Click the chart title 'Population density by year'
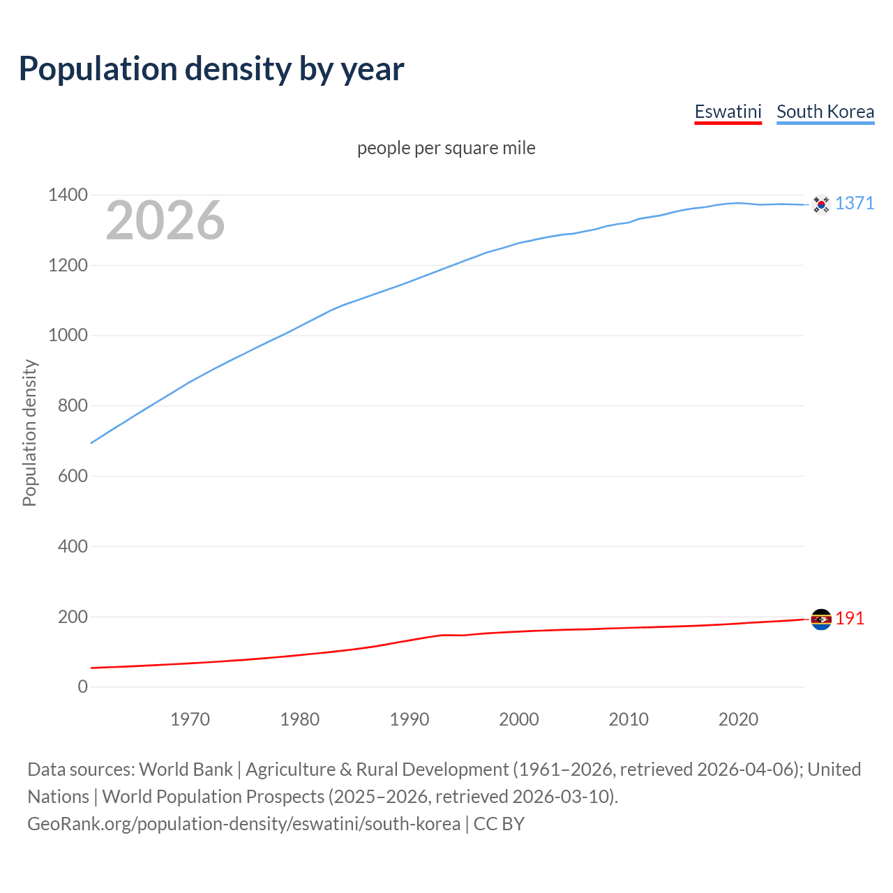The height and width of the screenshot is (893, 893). (211, 69)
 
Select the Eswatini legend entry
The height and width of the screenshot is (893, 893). (728, 112)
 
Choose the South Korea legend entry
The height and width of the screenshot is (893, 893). (825, 112)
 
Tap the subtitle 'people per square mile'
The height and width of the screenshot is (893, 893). (446, 148)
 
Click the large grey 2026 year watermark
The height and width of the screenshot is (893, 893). (165, 220)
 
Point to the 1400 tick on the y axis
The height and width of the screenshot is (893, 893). (68, 195)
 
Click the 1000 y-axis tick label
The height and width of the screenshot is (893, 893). (68, 336)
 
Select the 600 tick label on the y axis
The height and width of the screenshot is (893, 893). (73, 476)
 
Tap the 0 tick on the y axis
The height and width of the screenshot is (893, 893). (83, 687)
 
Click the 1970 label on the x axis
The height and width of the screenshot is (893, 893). (190, 719)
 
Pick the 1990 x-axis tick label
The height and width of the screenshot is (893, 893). (410, 719)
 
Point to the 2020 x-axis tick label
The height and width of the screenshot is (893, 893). (738, 719)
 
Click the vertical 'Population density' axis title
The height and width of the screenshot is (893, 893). (29, 433)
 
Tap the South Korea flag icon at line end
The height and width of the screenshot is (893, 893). (821, 204)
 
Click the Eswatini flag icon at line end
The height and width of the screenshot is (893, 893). (821, 620)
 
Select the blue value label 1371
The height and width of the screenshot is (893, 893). (855, 203)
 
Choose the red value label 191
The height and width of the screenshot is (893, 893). (850, 619)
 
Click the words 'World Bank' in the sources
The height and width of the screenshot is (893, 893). (186, 770)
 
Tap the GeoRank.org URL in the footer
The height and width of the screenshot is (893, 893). (243, 824)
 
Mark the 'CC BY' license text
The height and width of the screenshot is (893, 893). (499, 824)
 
